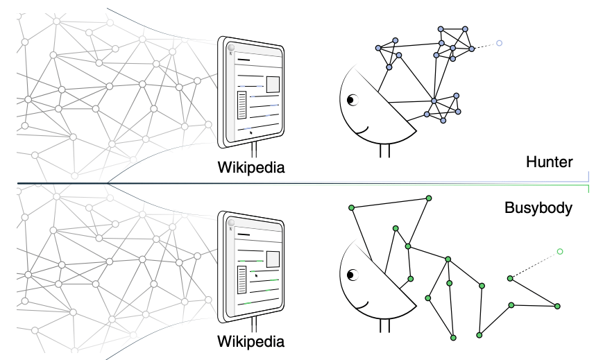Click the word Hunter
549,162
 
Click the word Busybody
538,208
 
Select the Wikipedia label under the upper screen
251,168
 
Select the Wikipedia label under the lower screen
251,341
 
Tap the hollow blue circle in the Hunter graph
499,43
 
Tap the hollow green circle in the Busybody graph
560,252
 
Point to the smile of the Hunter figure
362,132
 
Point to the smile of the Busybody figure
362,306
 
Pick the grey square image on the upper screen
273,84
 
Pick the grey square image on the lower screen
273,259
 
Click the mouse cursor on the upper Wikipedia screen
250,132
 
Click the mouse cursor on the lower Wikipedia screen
256,275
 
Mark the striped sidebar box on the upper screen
242,105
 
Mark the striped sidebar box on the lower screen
242,280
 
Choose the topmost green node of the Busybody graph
429,198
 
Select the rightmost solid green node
557,306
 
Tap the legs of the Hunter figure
384,151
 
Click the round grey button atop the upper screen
231,48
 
